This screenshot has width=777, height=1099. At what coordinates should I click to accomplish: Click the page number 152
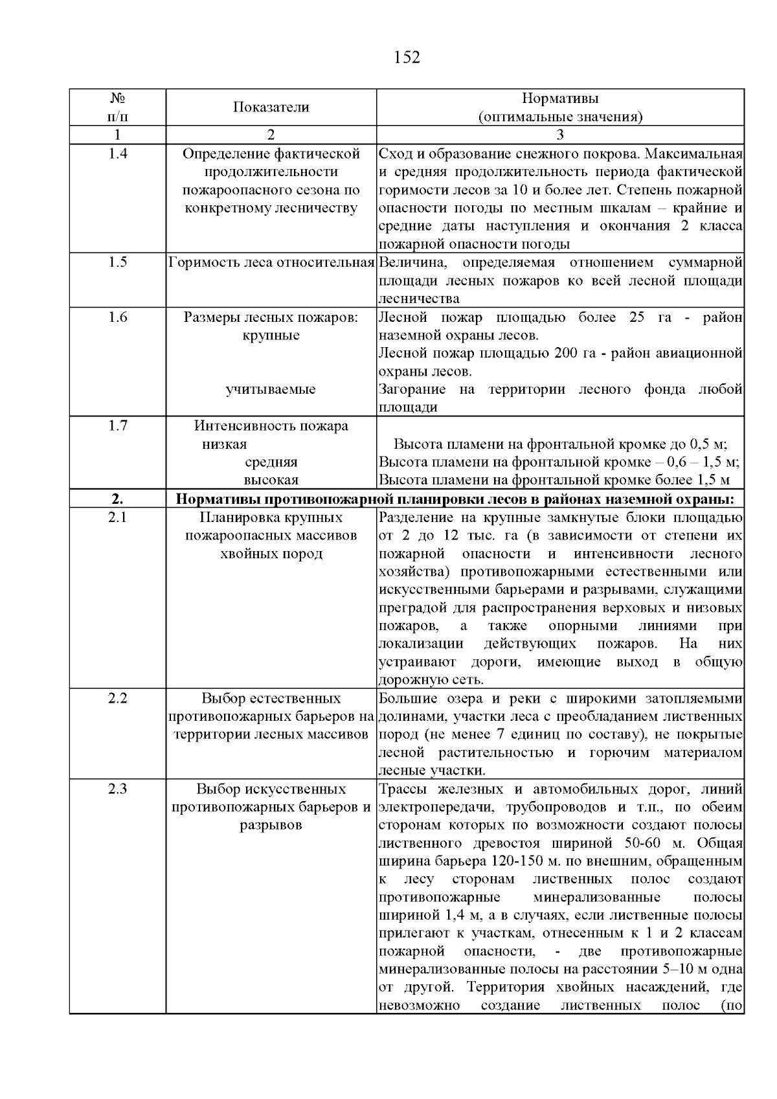pyautogui.click(x=407, y=58)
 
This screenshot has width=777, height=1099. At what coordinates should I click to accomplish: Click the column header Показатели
pyautogui.click(x=271, y=108)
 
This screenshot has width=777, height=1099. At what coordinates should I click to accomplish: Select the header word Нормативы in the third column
pyautogui.click(x=560, y=98)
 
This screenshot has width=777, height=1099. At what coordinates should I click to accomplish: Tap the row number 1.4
pyautogui.click(x=117, y=153)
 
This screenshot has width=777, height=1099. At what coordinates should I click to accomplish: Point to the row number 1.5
pyautogui.click(x=117, y=262)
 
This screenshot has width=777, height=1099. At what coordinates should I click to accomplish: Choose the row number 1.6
pyautogui.click(x=117, y=317)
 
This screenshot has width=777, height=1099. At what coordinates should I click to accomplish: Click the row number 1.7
pyautogui.click(x=117, y=425)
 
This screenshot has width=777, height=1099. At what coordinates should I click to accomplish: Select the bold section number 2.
pyautogui.click(x=117, y=499)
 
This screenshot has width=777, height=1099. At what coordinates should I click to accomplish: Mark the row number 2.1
pyautogui.click(x=117, y=517)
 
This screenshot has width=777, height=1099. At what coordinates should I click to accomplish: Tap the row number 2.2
pyautogui.click(x=117, y=699)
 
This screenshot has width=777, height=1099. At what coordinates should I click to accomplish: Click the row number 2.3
pyautogui.click(x=117, y=789)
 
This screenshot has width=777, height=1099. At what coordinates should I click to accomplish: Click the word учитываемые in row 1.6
pyautogui.click(x=271, y=389)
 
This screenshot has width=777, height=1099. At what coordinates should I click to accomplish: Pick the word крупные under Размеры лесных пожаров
pyautogui.click(x=271, y=335)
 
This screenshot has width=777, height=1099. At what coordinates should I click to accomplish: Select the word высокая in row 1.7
pyautogui.click(x=271, y=481)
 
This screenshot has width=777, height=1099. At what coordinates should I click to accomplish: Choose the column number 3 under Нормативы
pyautogui.click(x=560, y=135)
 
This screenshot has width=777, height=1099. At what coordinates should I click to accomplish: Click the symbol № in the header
pyautogui.click(x=117, y=98)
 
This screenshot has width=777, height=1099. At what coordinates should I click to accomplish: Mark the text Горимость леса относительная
pyautogui.click(x=271, y=263)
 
